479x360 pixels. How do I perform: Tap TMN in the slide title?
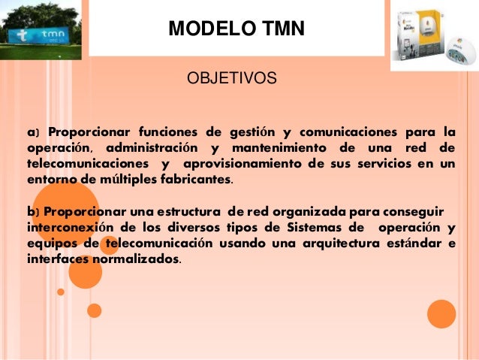(281, 30)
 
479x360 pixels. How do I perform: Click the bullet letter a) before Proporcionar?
(32, 134)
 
